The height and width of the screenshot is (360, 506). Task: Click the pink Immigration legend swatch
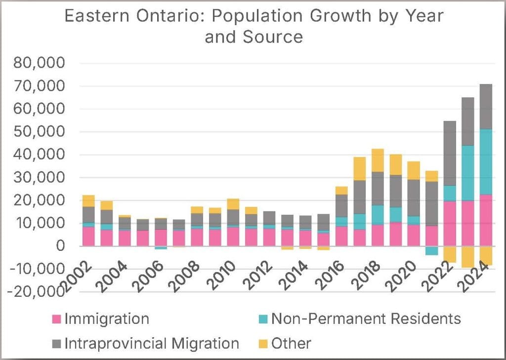pos(57,319)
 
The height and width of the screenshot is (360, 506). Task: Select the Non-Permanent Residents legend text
pos(366,319)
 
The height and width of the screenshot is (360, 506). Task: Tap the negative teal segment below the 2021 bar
pos(432,250)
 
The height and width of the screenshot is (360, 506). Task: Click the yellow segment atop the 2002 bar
pos(88,200)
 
